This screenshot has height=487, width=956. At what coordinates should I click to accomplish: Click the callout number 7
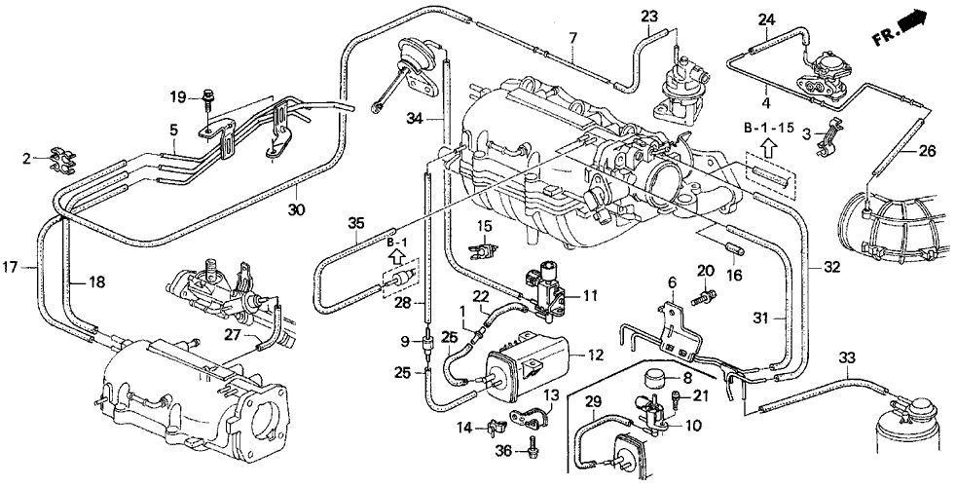tap(573, 38)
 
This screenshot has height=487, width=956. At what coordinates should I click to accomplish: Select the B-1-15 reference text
tap(769, 128)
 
